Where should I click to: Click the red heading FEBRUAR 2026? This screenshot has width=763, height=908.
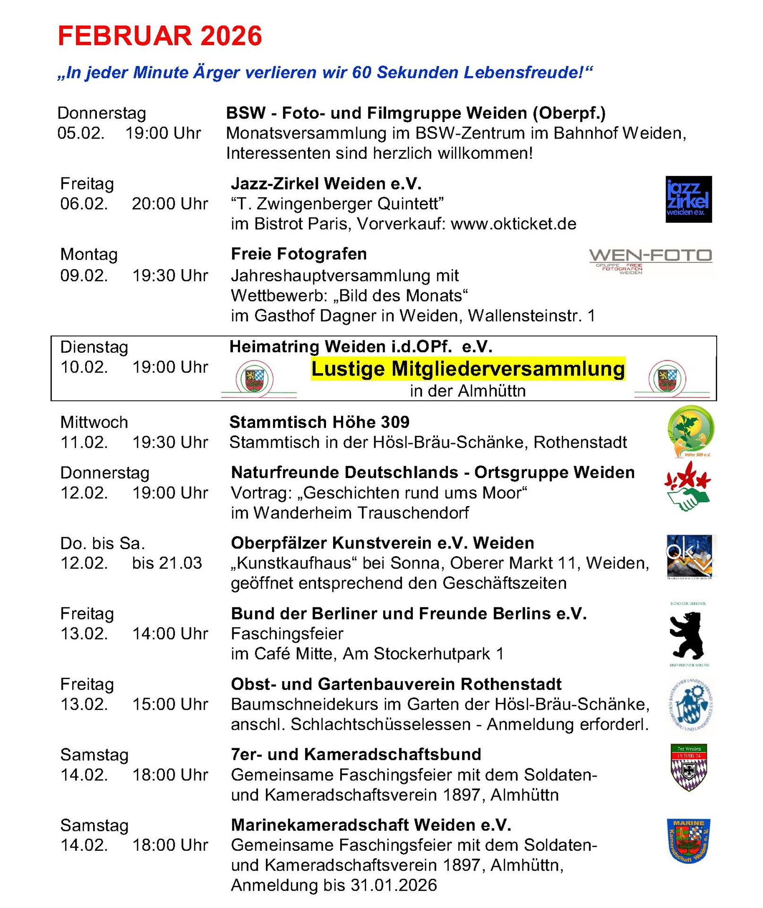click(x=160, y=36)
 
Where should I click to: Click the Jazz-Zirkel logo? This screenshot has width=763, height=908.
click(x=688, y=199)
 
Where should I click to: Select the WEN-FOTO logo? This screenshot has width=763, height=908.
click(x=650, y=260)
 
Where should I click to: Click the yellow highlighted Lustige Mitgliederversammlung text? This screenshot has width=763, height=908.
click(x=468, y=369)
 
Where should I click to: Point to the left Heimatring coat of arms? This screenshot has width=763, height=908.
click(x=255, y=379)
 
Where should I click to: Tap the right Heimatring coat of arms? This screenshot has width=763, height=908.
click(x=667, y=379)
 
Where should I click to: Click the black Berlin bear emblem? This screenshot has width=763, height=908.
click(x=687, y=635)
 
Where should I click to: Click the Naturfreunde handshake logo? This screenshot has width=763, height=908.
click(x=688, y=486)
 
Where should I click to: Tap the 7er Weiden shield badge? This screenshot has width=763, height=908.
click(x=689, y=767)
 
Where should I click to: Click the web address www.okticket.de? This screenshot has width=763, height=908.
click(x=514, y=224)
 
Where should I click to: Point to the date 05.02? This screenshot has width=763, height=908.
click(x=81, y=133)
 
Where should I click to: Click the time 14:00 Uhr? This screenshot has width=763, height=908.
click(x=170, y=634)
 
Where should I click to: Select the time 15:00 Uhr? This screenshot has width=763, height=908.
click(x=170, y=704)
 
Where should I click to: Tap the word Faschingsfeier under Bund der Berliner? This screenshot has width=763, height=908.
click(x=287, y=634)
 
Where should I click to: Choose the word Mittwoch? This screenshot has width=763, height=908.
click(x=94, y=422)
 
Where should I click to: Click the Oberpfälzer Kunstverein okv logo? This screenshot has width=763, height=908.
click(x=690, y=557)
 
